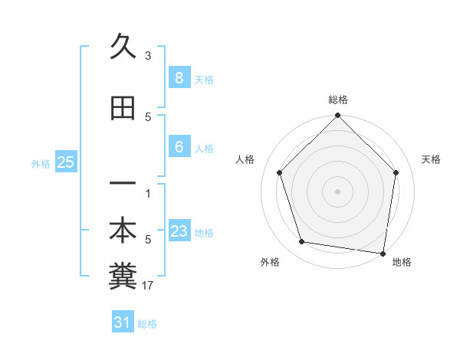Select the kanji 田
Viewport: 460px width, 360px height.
(123, 109)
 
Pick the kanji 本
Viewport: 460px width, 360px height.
(123, 231)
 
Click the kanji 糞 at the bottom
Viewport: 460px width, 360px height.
(123, 277)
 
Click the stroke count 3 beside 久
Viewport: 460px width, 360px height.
(148, 56)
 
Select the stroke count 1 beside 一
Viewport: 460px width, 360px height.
(148, 193)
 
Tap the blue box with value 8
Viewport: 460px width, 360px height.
(179, 77)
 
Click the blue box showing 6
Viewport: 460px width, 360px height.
(179, 146)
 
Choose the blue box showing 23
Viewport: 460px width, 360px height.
(179, 231)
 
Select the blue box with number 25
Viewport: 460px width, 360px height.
(65, 162)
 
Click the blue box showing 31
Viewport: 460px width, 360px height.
(123, 322)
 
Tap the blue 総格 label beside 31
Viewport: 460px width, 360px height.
(147, 324)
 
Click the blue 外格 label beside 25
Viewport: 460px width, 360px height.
(41, 164)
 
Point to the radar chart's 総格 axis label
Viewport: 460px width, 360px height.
(338, 100)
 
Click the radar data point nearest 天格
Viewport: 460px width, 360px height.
(396, 172)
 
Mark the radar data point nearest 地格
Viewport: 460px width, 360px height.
(383, 253)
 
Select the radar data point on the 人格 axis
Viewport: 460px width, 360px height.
(279, 172)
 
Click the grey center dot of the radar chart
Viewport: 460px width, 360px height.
(337, 191)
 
